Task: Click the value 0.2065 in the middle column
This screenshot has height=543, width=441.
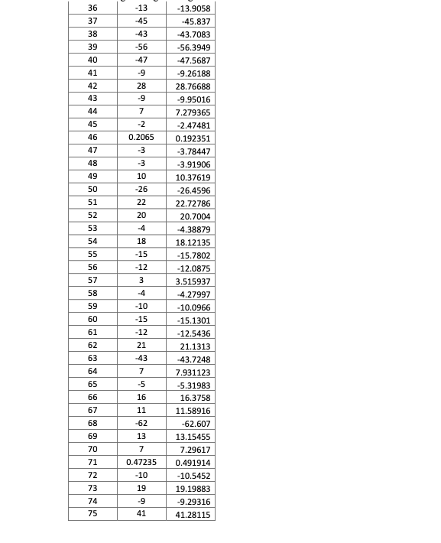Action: [x=141, y=138]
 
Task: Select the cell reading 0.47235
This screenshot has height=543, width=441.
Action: [x=141, y=462]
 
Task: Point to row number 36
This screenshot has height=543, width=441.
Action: [x=92, y=8]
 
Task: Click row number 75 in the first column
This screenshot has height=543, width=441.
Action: [x=92, y=514]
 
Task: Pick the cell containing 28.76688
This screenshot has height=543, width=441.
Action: [x=193, y=86]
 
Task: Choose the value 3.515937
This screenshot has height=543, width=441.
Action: [x=193, y=281]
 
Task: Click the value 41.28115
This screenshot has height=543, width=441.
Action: [x=193, y=515]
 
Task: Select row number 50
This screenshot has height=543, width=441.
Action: [x=92, y=190]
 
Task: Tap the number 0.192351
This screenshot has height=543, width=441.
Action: [x=193, y=138]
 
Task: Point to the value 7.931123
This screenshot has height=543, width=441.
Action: [x=193, y=372]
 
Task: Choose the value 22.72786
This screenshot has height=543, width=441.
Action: [x=193, y=203]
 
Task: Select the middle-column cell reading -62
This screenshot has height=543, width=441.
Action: [x=141, y=423]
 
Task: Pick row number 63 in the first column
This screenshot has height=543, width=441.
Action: [x=92, y=358]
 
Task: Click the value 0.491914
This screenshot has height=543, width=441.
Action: [x=193, y=463]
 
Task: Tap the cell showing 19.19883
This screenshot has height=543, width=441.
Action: [x=193, y=489]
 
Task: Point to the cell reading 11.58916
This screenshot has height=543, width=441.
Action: [x=193, y=411]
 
